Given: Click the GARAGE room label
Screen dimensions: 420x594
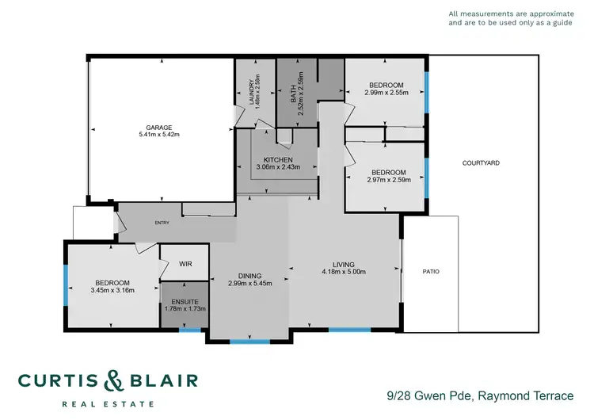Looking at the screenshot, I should [158, 127].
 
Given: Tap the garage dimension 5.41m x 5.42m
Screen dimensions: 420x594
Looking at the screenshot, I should [158, 135].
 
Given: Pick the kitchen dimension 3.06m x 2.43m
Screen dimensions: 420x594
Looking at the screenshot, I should [277, 168].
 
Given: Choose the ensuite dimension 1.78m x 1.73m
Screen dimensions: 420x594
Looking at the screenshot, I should [185, 308].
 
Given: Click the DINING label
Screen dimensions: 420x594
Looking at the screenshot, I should [249, 275].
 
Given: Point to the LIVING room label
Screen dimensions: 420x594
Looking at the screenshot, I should [343, 265].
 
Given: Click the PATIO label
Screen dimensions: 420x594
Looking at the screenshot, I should [430, 272].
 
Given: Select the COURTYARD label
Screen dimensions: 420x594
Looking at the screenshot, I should [481, 163].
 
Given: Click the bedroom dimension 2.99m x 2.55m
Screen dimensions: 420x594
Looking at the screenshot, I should [386, 93].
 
